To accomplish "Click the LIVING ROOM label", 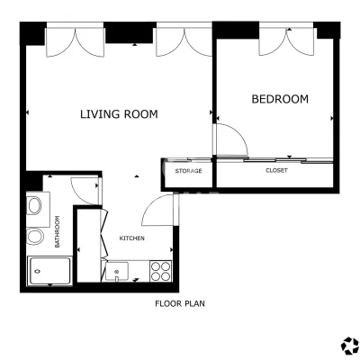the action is click(119, 114).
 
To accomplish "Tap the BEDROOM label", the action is click(280, 99).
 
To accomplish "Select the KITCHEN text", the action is click(132, 238).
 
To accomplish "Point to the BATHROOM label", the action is click(58, 231).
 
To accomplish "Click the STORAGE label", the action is click(188, 171).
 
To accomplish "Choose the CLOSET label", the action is click(276, 170).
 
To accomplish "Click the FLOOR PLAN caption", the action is click(180, 303).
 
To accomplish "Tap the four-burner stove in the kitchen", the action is click(161, 271).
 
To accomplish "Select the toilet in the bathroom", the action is click(35, 236).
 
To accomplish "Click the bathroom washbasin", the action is click(34, 205).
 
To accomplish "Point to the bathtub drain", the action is click(38, 271).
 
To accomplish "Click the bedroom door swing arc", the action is click(237, 134).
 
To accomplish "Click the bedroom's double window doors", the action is click(286, 42).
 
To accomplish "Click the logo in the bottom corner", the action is click(350, 346).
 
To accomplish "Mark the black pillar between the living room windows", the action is click(130, 32).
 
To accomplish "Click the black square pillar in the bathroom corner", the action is click(34, 182).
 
